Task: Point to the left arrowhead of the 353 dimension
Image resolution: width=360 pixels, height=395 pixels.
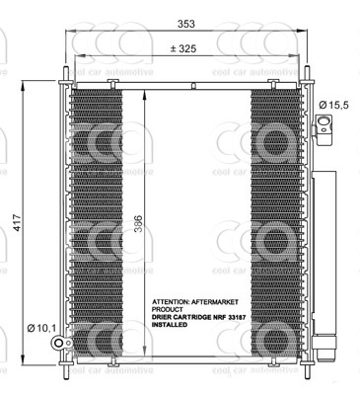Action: pyautogui.click(x=69, y=32)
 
